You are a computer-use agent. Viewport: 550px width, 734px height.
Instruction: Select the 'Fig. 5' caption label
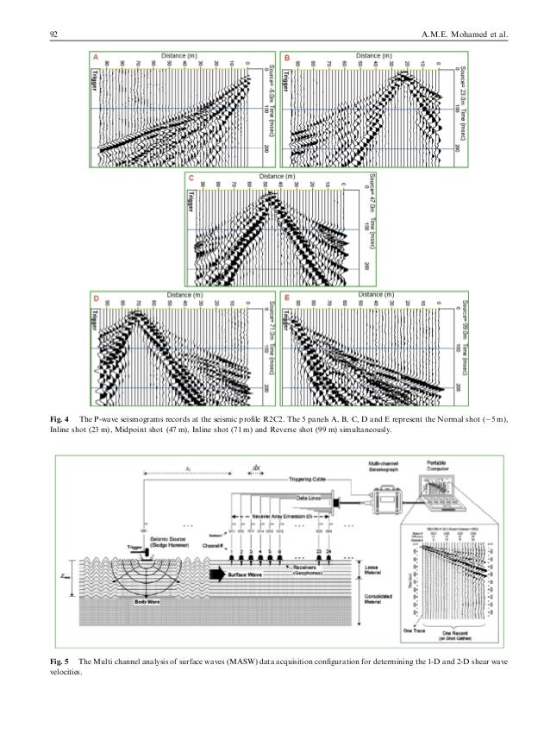57,661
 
